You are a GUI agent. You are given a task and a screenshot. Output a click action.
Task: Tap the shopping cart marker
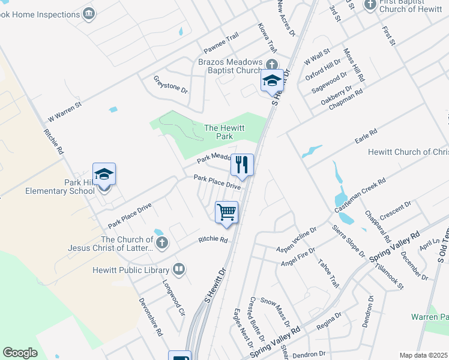point(227,212)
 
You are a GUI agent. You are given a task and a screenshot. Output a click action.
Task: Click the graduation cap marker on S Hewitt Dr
point(272,80)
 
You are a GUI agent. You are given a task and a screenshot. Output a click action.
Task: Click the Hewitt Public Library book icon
point(178,268)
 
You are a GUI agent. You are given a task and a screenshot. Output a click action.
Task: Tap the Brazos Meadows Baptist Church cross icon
point(271,64)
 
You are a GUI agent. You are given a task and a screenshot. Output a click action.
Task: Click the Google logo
point(20,353)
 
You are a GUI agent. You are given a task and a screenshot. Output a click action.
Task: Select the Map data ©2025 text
point(423,355)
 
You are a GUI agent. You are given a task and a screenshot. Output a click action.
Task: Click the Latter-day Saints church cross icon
point(161,243)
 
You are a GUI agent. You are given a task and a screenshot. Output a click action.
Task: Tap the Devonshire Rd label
point(151,316)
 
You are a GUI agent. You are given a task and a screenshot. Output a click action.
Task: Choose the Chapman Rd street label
point(351,98)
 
